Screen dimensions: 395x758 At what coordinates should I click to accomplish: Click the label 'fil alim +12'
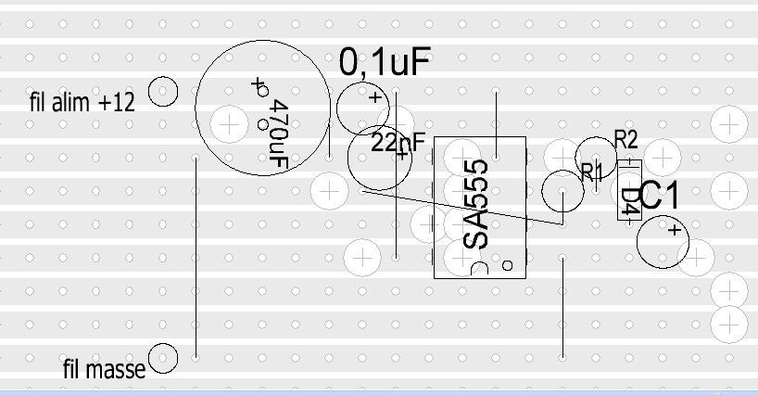click(x=82, y=103)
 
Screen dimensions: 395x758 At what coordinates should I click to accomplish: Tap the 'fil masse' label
click(x=104, y=370)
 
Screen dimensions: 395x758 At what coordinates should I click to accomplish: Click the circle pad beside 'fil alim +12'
click(x=163, y=92)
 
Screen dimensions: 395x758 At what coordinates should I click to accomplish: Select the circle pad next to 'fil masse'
click(x=163, y=358)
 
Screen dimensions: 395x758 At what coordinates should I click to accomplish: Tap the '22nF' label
click(x=398, y=143)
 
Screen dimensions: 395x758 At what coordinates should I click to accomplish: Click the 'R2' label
click(x=626, y=139)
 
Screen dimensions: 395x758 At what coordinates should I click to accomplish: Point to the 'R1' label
click(x=591, y=171)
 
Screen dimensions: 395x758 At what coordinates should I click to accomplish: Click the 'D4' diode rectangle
click(x=629, y=190)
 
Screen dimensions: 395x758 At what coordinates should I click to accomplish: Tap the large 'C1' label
click(x=660, y=196)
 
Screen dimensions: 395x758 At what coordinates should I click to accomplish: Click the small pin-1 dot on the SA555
click(x=507, y=265)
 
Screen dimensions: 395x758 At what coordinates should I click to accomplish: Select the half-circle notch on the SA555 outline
click(x=480, y=271)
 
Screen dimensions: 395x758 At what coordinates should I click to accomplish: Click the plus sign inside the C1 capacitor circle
click(x=675, y=229)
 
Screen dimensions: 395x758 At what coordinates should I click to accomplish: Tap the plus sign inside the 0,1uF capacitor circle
click(x=374, y=96)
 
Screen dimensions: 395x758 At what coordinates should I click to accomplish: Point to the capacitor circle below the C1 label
click(x=663, y=242)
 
